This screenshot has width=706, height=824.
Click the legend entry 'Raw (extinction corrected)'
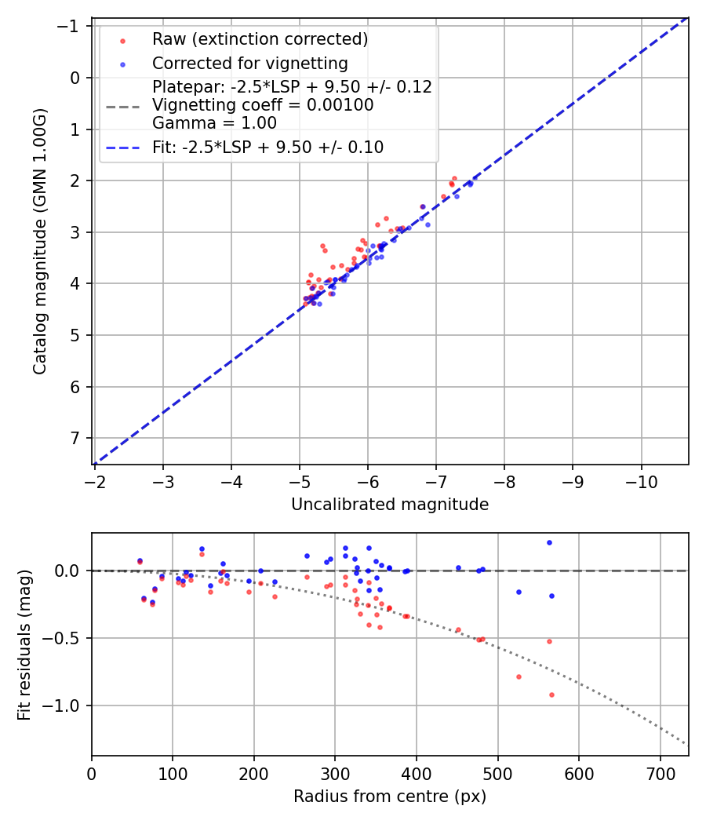[260, 39]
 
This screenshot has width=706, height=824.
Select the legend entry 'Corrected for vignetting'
[249, 64]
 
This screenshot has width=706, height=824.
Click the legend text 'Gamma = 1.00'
[214, 122]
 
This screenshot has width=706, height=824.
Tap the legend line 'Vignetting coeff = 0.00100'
[263, 105]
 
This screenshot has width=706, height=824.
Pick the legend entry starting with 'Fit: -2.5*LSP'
[267, 147]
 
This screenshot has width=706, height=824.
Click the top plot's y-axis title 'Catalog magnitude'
[40, 241]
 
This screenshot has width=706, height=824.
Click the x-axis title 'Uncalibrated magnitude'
[390, 505]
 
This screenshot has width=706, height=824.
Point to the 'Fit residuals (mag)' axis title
[24, 645]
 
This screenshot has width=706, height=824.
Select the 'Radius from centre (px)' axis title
[390, 797]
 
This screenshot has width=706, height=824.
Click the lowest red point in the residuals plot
[551, 695]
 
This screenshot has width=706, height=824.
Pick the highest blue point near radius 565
[549, 542]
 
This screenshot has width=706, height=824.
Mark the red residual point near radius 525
[519, 676]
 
